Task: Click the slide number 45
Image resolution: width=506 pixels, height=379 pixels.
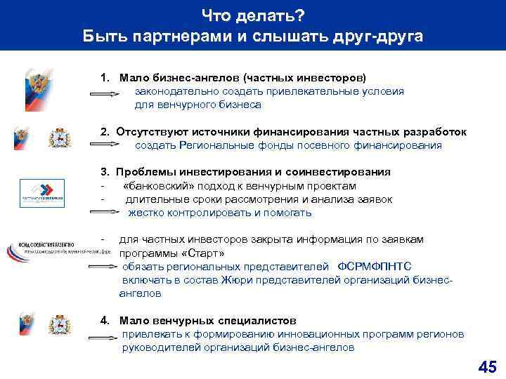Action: click(486, 366)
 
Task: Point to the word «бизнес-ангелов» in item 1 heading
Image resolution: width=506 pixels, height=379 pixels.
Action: click(193, 77)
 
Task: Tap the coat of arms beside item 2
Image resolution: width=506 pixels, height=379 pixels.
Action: click(60, 137)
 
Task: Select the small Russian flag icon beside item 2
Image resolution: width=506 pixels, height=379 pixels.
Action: click(22, 137)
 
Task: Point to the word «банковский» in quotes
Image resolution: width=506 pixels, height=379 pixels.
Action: click(157, 186)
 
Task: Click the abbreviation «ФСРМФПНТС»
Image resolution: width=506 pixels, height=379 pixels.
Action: click(375, 267)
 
